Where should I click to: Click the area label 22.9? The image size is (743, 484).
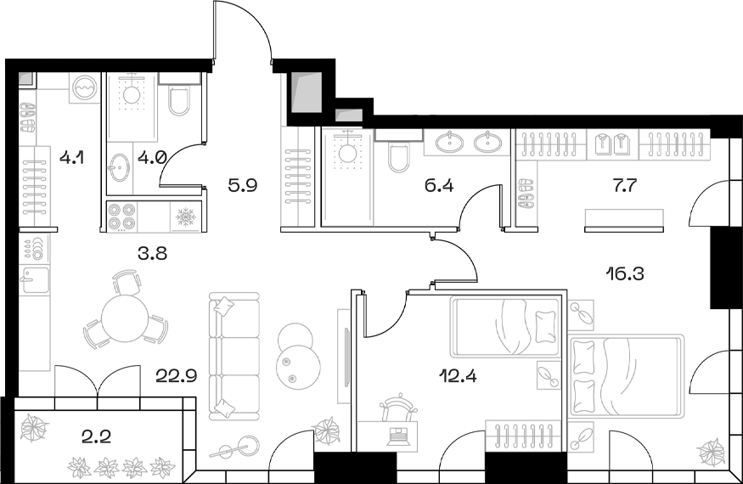(x=177, y=374)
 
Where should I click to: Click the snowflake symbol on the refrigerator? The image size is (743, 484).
(x=185, y=218)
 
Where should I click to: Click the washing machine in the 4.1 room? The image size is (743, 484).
(x=85, y=87)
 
